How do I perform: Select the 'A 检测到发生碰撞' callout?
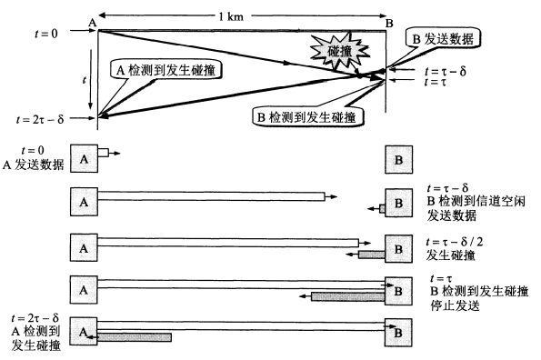(167, 68)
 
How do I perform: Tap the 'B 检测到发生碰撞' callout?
(307, 115)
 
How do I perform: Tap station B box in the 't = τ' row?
(399, 291)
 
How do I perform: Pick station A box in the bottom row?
(83, 333)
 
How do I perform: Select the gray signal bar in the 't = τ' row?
(346, 295)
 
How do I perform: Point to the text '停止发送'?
(455, 306)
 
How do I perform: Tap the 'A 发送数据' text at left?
(35, 165)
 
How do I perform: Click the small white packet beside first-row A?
(103, 153)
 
